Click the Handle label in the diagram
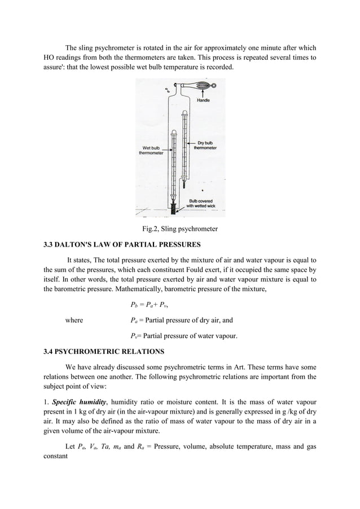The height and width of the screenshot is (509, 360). coord(203,100)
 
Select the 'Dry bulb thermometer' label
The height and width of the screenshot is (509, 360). coord(209,146)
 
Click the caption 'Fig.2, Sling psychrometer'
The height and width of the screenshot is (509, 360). coord(179,229)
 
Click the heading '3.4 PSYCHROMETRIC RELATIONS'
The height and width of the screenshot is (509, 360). coord(104,352)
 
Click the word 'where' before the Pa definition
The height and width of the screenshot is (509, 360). coord(74,321)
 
